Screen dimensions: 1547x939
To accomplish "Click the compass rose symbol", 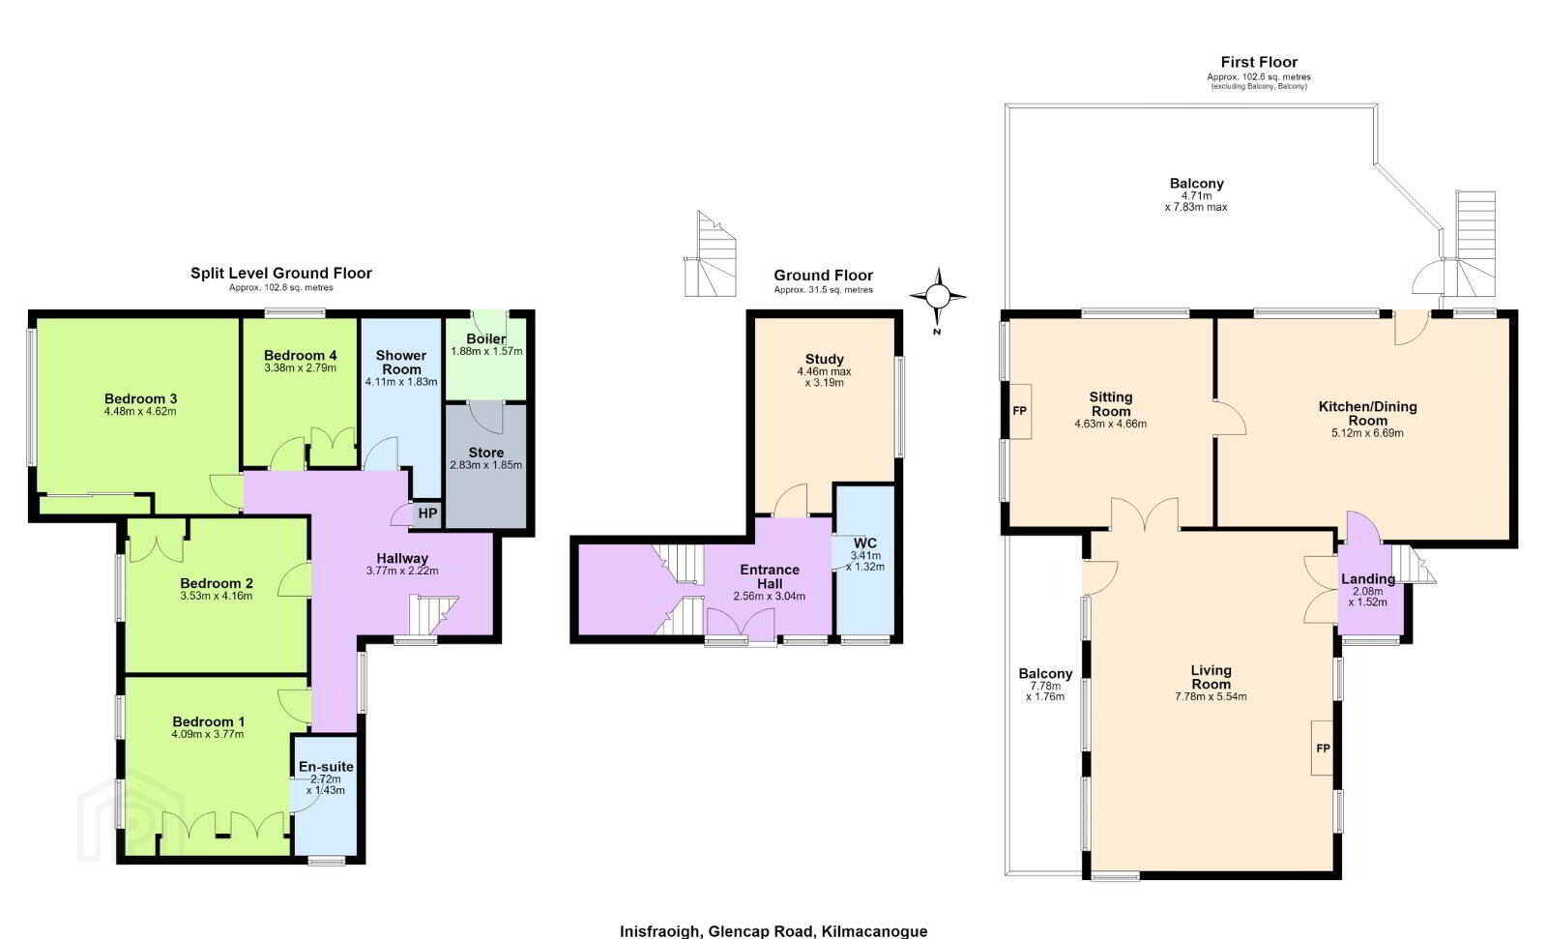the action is pyautogui.click(x=938, y=297).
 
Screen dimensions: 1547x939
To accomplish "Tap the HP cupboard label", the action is pyautogui.click(x=427, y=514).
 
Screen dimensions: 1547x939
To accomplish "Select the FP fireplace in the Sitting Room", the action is pyautogui.click(x=1019, y=411).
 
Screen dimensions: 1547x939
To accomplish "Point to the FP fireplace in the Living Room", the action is pyautogui.click(x=1323, y=748).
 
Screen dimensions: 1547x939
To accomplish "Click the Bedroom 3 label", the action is pyautogui.click(x=141, y=398).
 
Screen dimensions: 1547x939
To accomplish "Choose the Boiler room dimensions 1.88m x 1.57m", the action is pyautogui.click(x=486, y=351).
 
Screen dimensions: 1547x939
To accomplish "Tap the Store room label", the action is pyautogui.click(x=486, y=453).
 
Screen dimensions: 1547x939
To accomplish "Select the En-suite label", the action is pyautogui.click(x=326, y=767).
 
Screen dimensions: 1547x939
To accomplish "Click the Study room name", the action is pyautogui.click(x=825, y=360).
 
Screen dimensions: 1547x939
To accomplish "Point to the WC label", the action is pyautogui.click(x=864, y=543).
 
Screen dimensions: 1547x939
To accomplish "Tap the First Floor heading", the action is pyautogui.click(x=1259, y=62).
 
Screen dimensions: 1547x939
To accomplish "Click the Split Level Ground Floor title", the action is pyautogui.click(x=281, y=273).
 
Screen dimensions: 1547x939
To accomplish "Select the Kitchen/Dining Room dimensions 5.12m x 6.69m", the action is pyautogui.click(x=1367, y=433).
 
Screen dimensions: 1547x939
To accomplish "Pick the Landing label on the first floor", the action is pyautogui.click(x=1368, y=579).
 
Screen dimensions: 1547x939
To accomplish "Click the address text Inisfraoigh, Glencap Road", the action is pyautogui.click(x=718, y=930).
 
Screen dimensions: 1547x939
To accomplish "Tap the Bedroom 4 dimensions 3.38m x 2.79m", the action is pyautogui.click(x=301, y=367).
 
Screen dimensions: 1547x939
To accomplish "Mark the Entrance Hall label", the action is pyautogui.click(x=770, y=577).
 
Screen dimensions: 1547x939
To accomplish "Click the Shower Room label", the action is pyautogui.click(x=401, y=362).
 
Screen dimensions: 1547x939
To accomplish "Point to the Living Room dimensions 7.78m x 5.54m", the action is pyautogui.click(x=1211, y=696).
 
